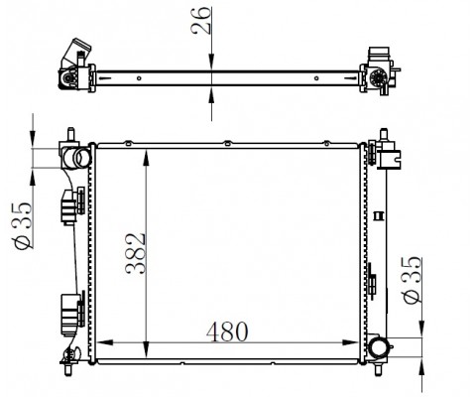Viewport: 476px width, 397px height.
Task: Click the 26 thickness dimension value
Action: point(200,20)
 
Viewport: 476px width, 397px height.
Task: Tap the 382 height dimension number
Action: point(136,254)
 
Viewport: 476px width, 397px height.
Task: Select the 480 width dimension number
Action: point(227,331)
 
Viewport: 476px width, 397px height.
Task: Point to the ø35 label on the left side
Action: point(23,225)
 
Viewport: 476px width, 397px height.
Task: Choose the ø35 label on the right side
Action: point(413,280)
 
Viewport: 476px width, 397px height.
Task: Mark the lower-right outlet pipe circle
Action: point(379,348)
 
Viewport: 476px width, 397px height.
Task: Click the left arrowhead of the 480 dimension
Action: point(105,342)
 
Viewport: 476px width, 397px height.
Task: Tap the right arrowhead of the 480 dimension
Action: point(350,342)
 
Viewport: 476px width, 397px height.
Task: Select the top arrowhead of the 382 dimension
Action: point(147,158)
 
